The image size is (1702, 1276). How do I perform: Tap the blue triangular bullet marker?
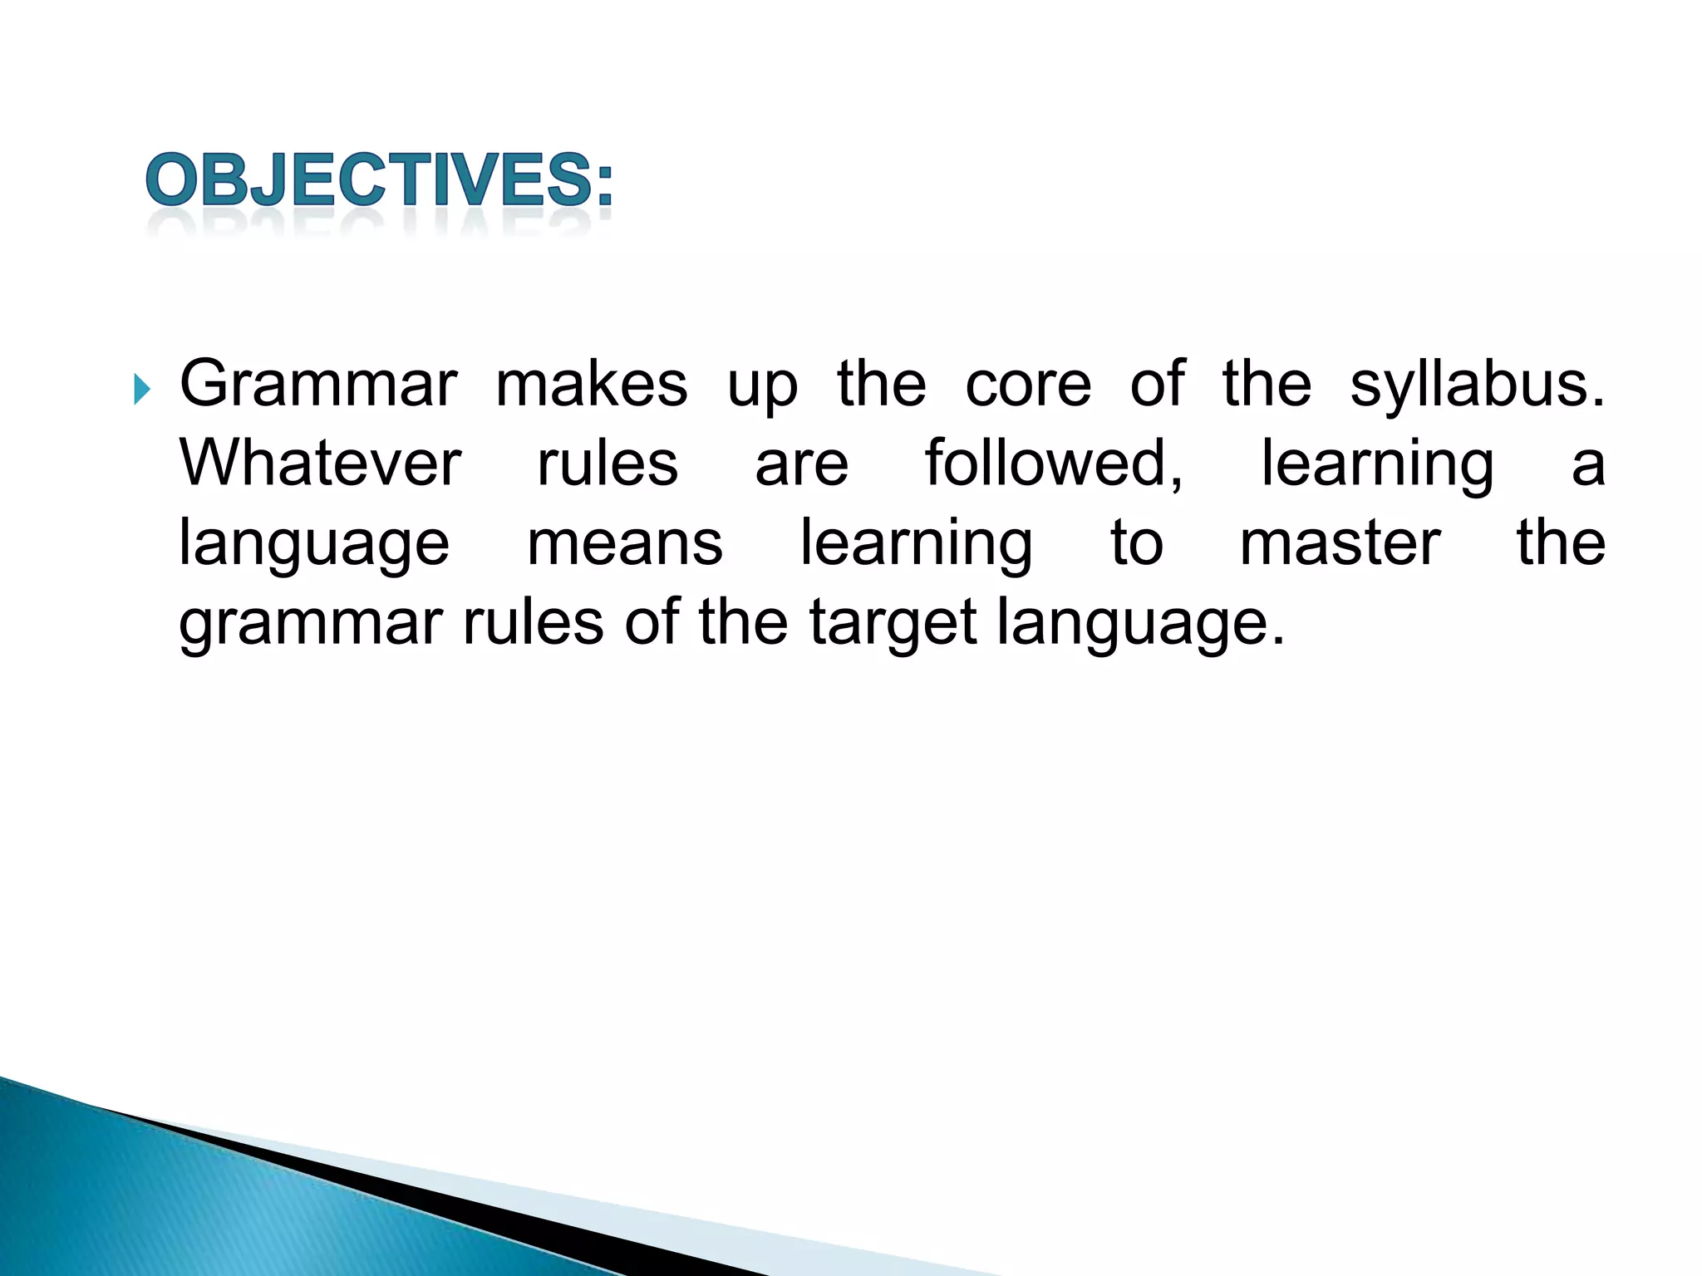141,388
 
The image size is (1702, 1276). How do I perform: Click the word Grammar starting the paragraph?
318,384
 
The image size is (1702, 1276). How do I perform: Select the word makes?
592,384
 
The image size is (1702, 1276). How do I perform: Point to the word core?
1028,384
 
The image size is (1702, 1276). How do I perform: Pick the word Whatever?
320,463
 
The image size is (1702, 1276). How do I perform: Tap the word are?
801,464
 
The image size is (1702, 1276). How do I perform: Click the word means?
625,543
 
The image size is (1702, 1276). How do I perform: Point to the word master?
1340,543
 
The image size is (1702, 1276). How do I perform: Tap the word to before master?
1136,543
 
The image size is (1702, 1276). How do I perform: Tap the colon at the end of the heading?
604,184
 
